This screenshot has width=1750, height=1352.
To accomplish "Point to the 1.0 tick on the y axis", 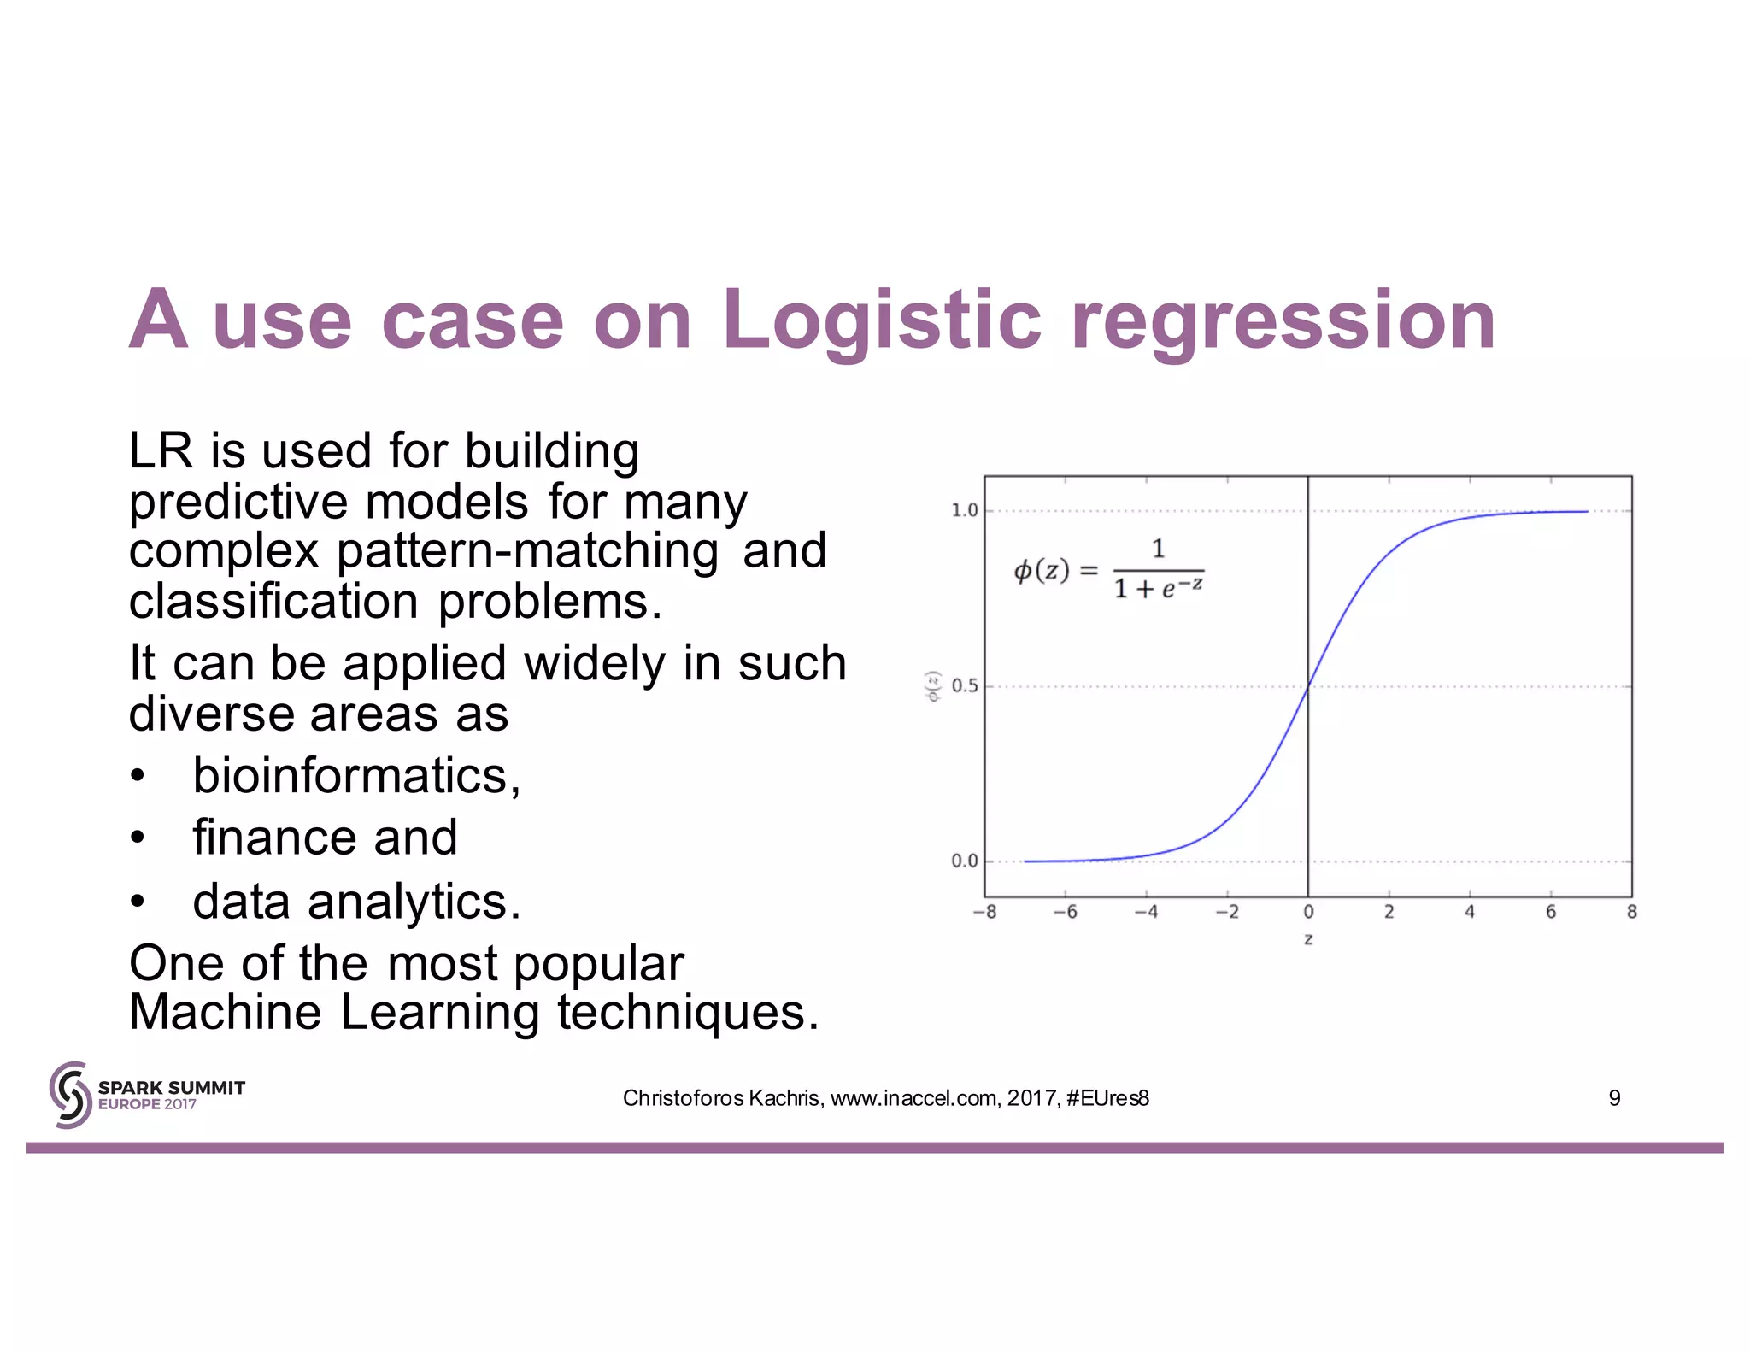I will click(x=964, y=510).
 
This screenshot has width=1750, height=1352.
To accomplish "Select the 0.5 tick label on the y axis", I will click(x=964, y=685).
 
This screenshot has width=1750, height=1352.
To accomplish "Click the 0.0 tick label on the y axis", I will click(x=964, y=861).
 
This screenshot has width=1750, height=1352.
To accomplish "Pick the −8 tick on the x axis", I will click(x=984, y=912).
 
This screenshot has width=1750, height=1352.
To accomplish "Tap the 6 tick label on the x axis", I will click(x=1550, y=912).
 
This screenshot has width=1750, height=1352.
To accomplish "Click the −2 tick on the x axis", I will click(x=1227, y=912).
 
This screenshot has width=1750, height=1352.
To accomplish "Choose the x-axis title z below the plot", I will click(x=1308, y=939).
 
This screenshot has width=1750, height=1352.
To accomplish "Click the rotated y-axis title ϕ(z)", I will click(x=933, y=686).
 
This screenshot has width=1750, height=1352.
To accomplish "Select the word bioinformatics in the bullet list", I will click(x=355, y=776).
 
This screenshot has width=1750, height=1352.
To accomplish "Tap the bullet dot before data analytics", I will click(x=138, y=902).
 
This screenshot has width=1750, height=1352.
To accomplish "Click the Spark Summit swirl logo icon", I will click(x=70, y=1095).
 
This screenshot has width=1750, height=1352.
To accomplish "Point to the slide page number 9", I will click(x=1614, y=1098).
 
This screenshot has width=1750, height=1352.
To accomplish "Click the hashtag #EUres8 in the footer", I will click(x=1107, y=1098).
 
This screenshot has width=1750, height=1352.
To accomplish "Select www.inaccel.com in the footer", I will click(x=913, y=1098).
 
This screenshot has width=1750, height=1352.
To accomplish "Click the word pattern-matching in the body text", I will click(x=527, y=550).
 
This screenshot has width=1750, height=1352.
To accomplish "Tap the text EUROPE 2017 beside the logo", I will click(x=147, y=1104).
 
